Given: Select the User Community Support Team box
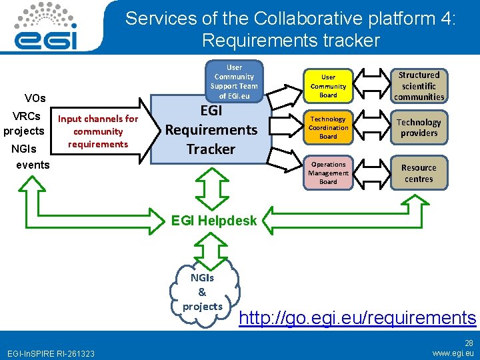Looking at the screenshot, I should click(x=234, y=81).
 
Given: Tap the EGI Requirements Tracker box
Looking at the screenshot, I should click(x=211, y=131).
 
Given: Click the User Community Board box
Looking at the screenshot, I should click(x=328, y=85).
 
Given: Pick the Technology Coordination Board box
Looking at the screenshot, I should click(x=328, y=127).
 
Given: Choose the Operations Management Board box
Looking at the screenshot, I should click(x=328, y=173).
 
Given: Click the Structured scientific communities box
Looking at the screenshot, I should click(x=419, y=86).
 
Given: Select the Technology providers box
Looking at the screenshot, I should click(x=419, y=127).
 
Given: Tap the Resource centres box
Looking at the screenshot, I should click(x=419, y=173).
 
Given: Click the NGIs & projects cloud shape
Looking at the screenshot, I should click(x=203, y=292).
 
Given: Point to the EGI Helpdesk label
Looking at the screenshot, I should click(x=214, y=220).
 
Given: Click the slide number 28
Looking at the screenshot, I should click(x=469, y=343).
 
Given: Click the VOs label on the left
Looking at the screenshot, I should click(x=35, y=99).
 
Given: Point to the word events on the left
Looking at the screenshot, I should click(x=33, y=165).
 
